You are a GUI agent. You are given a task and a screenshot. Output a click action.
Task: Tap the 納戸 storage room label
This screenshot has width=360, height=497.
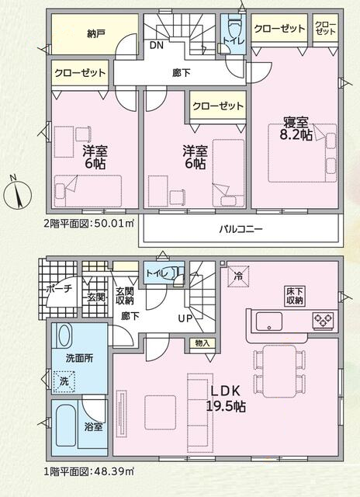[x=95, y=34]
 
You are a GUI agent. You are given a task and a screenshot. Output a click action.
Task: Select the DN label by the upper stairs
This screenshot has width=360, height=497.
[x=157, y=46]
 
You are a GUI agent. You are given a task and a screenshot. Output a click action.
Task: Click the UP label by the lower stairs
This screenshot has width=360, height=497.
[x=185, y=318]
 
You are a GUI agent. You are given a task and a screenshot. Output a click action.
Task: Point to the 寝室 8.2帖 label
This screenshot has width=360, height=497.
[x=296, y=129]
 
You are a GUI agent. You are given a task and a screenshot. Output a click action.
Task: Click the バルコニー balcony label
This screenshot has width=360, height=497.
[x=241, y=229]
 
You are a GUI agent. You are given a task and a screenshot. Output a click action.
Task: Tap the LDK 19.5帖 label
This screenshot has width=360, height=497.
[x=226, y=398]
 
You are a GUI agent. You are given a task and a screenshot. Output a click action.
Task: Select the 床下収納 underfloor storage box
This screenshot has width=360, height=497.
[x=295, y=296]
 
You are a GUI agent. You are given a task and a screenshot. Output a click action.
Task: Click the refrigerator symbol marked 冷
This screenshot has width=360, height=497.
[x=238, y=276]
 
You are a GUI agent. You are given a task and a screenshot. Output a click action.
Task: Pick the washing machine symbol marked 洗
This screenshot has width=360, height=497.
[x=64, y=381]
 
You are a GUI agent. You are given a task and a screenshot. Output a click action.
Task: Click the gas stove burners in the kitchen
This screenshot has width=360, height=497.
[x=323, y=319]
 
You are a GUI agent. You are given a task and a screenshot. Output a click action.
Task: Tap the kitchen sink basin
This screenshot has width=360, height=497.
[x=268, y=321]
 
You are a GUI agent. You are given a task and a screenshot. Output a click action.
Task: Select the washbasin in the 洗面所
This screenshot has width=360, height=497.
[x=65, y=335]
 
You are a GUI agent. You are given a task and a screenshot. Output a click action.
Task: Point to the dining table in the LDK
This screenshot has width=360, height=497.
[x=279, y=371]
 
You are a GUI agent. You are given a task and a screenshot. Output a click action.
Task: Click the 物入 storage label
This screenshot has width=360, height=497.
[x=202, y=343]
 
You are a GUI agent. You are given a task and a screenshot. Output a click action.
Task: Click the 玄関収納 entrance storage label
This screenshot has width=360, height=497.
[x=124, y=296]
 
